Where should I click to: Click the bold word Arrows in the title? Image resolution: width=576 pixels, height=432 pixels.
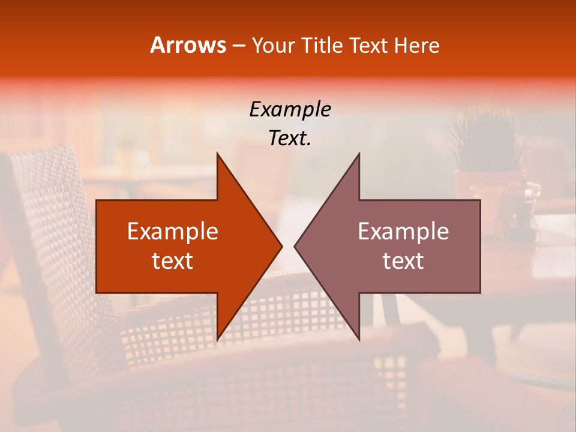(x=188, y=45)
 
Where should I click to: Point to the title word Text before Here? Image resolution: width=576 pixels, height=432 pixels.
(x=370, y=45)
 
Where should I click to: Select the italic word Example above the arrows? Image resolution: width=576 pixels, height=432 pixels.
(x=290, y=110)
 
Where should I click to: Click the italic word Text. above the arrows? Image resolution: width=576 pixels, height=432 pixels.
(x=290, y=139)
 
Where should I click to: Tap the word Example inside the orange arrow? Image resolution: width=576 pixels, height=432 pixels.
(x=173, y=232)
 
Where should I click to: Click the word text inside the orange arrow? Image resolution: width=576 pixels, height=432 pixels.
(x=173, y=260)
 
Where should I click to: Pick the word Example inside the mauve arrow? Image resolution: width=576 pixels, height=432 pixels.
(x=403, y=232)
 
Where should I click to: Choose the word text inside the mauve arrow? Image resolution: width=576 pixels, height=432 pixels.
(x=403, y=260)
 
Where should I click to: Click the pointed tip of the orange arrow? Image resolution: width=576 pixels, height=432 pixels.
(x=281, y=246)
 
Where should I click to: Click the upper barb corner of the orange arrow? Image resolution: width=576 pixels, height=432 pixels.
(x=217, y=154)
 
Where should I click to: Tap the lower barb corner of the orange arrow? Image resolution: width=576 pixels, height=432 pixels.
(x=217, y=340)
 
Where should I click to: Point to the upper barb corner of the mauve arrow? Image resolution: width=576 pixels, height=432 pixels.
(x=359, y=154)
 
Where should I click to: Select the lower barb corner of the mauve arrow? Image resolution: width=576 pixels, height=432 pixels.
(x=359, y=340)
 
